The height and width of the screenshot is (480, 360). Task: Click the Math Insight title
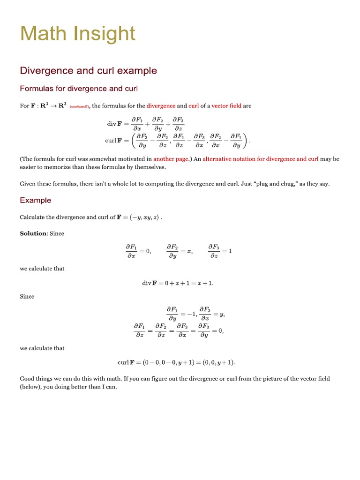coord(78,34)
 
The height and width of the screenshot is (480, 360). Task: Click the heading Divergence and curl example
coord(88,71)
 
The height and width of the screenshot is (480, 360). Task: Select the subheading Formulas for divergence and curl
coord(78,89)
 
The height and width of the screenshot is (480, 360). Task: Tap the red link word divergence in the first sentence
coord(161,106)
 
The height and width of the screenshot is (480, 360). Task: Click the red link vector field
coord(226,106)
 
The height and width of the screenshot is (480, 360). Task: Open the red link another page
coord(170,159)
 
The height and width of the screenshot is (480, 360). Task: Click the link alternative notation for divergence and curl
coord(260,159)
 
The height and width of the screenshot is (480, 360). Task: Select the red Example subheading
coord(36,201)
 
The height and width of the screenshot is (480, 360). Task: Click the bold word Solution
coord(33,233)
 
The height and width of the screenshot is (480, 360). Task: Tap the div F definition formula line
coord(146,124)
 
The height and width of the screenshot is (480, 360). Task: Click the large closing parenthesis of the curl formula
coord(247,140)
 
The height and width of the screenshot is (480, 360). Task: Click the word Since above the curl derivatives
coord(27,297)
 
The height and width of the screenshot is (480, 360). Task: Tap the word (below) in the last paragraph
coord(30,388)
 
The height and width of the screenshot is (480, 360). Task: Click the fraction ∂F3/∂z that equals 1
coord(214,251)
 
